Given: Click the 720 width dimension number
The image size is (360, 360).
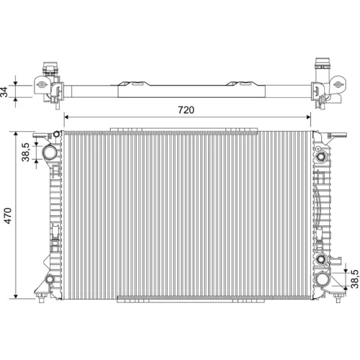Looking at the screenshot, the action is pyautogui.click(x=186, y=110).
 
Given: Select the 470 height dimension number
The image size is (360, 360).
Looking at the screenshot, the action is pyautogui.click(x=8, y=216).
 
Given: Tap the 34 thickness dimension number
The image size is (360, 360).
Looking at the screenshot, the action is pyautogui.click(x=4, y=91).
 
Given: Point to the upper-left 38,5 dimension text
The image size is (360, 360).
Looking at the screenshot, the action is pyautogui.click(x=25, y=152).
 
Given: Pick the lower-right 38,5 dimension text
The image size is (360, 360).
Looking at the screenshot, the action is pyautogui.click(x=355, y=279).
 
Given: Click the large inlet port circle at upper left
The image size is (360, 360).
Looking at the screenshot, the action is pyautogui.click(x=50, y=152).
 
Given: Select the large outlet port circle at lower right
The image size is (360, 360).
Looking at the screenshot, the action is pyautogui.click(x=322, y=279).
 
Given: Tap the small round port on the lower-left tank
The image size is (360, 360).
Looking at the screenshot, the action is pyautogui.click(x=50, y=279).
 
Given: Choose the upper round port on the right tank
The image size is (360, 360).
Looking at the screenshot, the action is pyautogui.click(x=320, y=157).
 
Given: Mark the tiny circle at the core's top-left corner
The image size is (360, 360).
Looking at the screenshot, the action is pyautogui.click(x=56, y=134).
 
